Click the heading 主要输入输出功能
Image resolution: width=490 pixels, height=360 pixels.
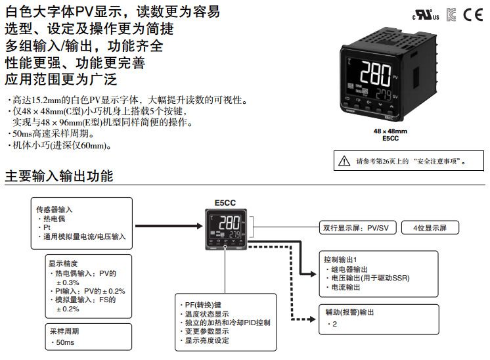(59, 177)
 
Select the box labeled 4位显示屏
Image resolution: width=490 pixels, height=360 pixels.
(431, 228)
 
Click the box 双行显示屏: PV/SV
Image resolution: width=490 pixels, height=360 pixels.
(355, 228)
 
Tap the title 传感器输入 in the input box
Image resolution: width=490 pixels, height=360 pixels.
(55, 210)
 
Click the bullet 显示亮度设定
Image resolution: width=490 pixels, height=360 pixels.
(207, 340)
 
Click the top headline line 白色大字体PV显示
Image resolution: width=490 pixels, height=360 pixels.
(112, 11)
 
